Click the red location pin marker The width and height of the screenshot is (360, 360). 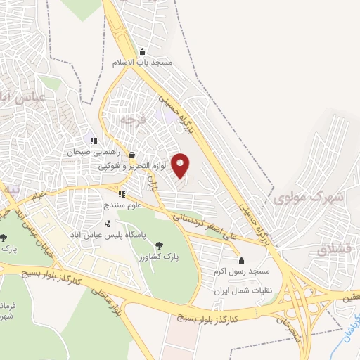tap(181, 165)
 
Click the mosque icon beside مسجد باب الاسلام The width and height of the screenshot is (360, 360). tap(142, 51)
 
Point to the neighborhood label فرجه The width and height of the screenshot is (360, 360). tap(131, 120)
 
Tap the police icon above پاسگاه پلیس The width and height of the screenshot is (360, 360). tap(108, 223)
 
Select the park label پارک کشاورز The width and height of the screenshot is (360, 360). tap(160, 257)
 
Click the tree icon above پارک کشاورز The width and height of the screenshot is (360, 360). tap(160, 245)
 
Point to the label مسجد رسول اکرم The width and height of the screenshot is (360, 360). tap(241, 271)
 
